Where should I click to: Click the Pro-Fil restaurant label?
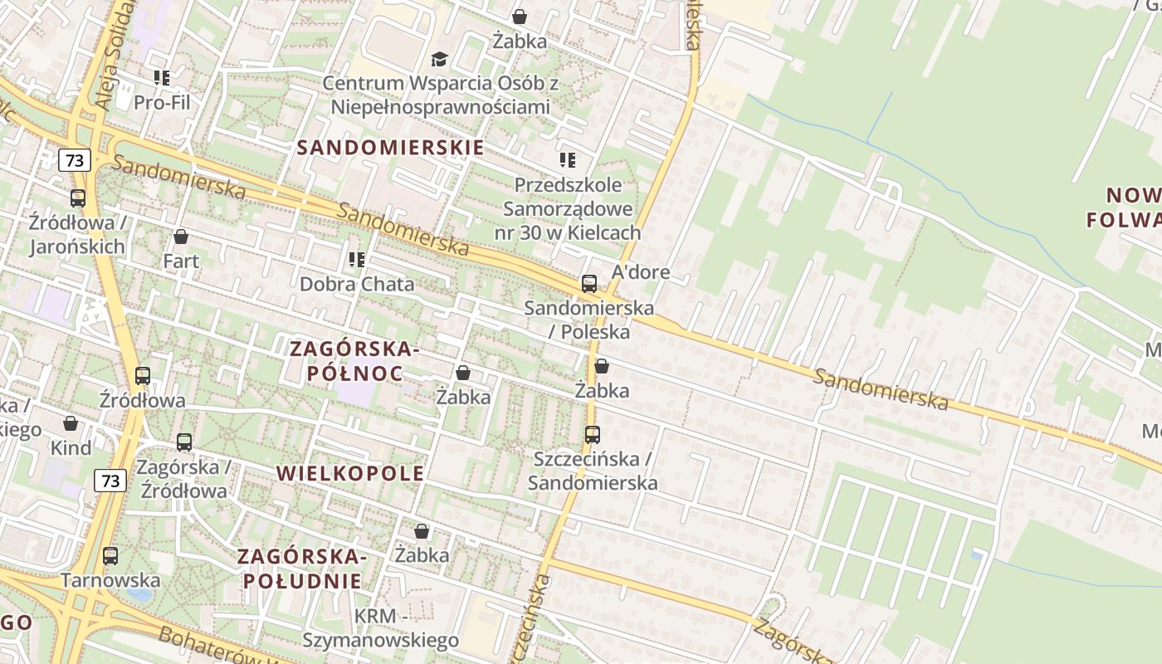(x=162, y=102)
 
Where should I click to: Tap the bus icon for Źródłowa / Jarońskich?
(x=78, y=198)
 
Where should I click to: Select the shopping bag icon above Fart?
(x=181, y=237)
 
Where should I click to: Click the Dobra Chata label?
(x=357, y=284)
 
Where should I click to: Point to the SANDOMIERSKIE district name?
(x=390, y=148)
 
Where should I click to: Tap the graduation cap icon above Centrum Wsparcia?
(x=439, y=59)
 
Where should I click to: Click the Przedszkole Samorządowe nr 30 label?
(x=568, y=208)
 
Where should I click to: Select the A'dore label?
(x=640, y=272)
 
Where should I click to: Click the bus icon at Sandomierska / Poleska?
(x=589, y=284)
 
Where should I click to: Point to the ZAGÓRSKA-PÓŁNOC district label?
(x=355, y=361)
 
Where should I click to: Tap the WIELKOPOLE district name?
(x=349, y=473)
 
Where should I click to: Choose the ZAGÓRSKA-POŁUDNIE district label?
(x=303, y=568)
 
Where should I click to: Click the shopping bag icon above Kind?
(x=71, y=424)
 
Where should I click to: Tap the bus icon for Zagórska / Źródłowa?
(x=184, y=442)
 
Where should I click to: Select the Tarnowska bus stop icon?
(x=110, y=556)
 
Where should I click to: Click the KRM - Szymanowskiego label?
(x=380, y=628)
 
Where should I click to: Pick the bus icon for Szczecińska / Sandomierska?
(x=592, y=434)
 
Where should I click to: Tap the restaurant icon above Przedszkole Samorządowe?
(x=568, y=159)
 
